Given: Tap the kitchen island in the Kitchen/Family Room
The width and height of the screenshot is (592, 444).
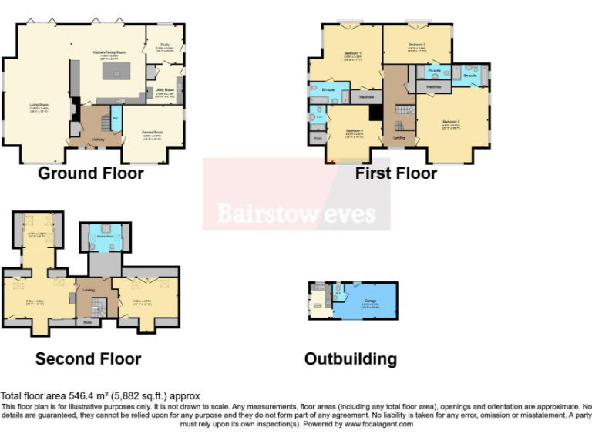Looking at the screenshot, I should coord(116,74).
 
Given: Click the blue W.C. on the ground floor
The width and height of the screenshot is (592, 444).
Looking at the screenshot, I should coord(115,119).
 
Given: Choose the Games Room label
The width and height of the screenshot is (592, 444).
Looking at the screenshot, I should coord(152,133).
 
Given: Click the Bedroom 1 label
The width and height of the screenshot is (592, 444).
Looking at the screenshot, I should coord(353,55).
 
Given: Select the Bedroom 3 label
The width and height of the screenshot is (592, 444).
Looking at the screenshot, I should coord(417,45).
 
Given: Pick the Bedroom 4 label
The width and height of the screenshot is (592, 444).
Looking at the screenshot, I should coord(355,131).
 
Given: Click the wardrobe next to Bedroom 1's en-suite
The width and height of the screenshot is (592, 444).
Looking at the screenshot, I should coord(367,97).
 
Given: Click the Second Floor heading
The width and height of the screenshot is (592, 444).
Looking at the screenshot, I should coord(88,359).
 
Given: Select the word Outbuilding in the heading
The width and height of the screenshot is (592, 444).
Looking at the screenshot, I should coord(350,359).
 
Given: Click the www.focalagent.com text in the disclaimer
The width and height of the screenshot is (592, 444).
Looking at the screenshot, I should coord(379,424).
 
